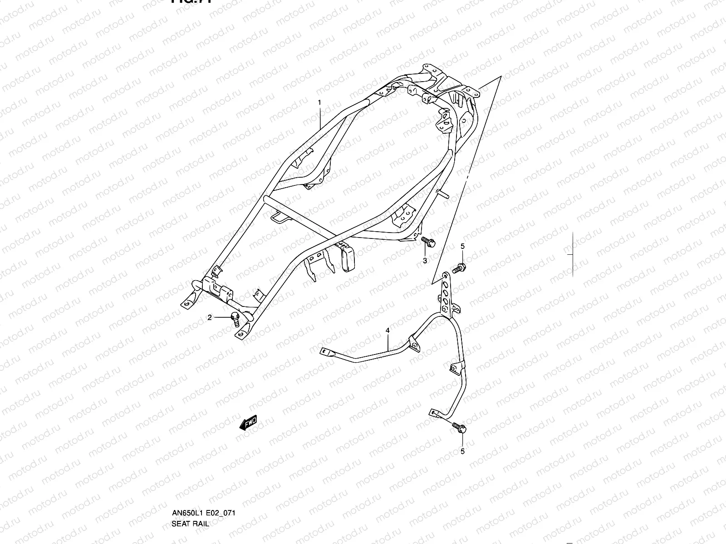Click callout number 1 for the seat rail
(x=319, y=103)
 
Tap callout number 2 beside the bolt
(x=210, y=318)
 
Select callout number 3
(x=425, y=261)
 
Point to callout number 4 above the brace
(x=388, y=331)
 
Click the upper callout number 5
(x=462, y=246)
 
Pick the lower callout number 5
(x=462, y=451)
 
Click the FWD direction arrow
(x=248, y=424)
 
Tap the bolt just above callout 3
(x=428, y=242)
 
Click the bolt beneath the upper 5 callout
(x=460, y=268)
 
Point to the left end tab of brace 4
(x=325, y=351)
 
